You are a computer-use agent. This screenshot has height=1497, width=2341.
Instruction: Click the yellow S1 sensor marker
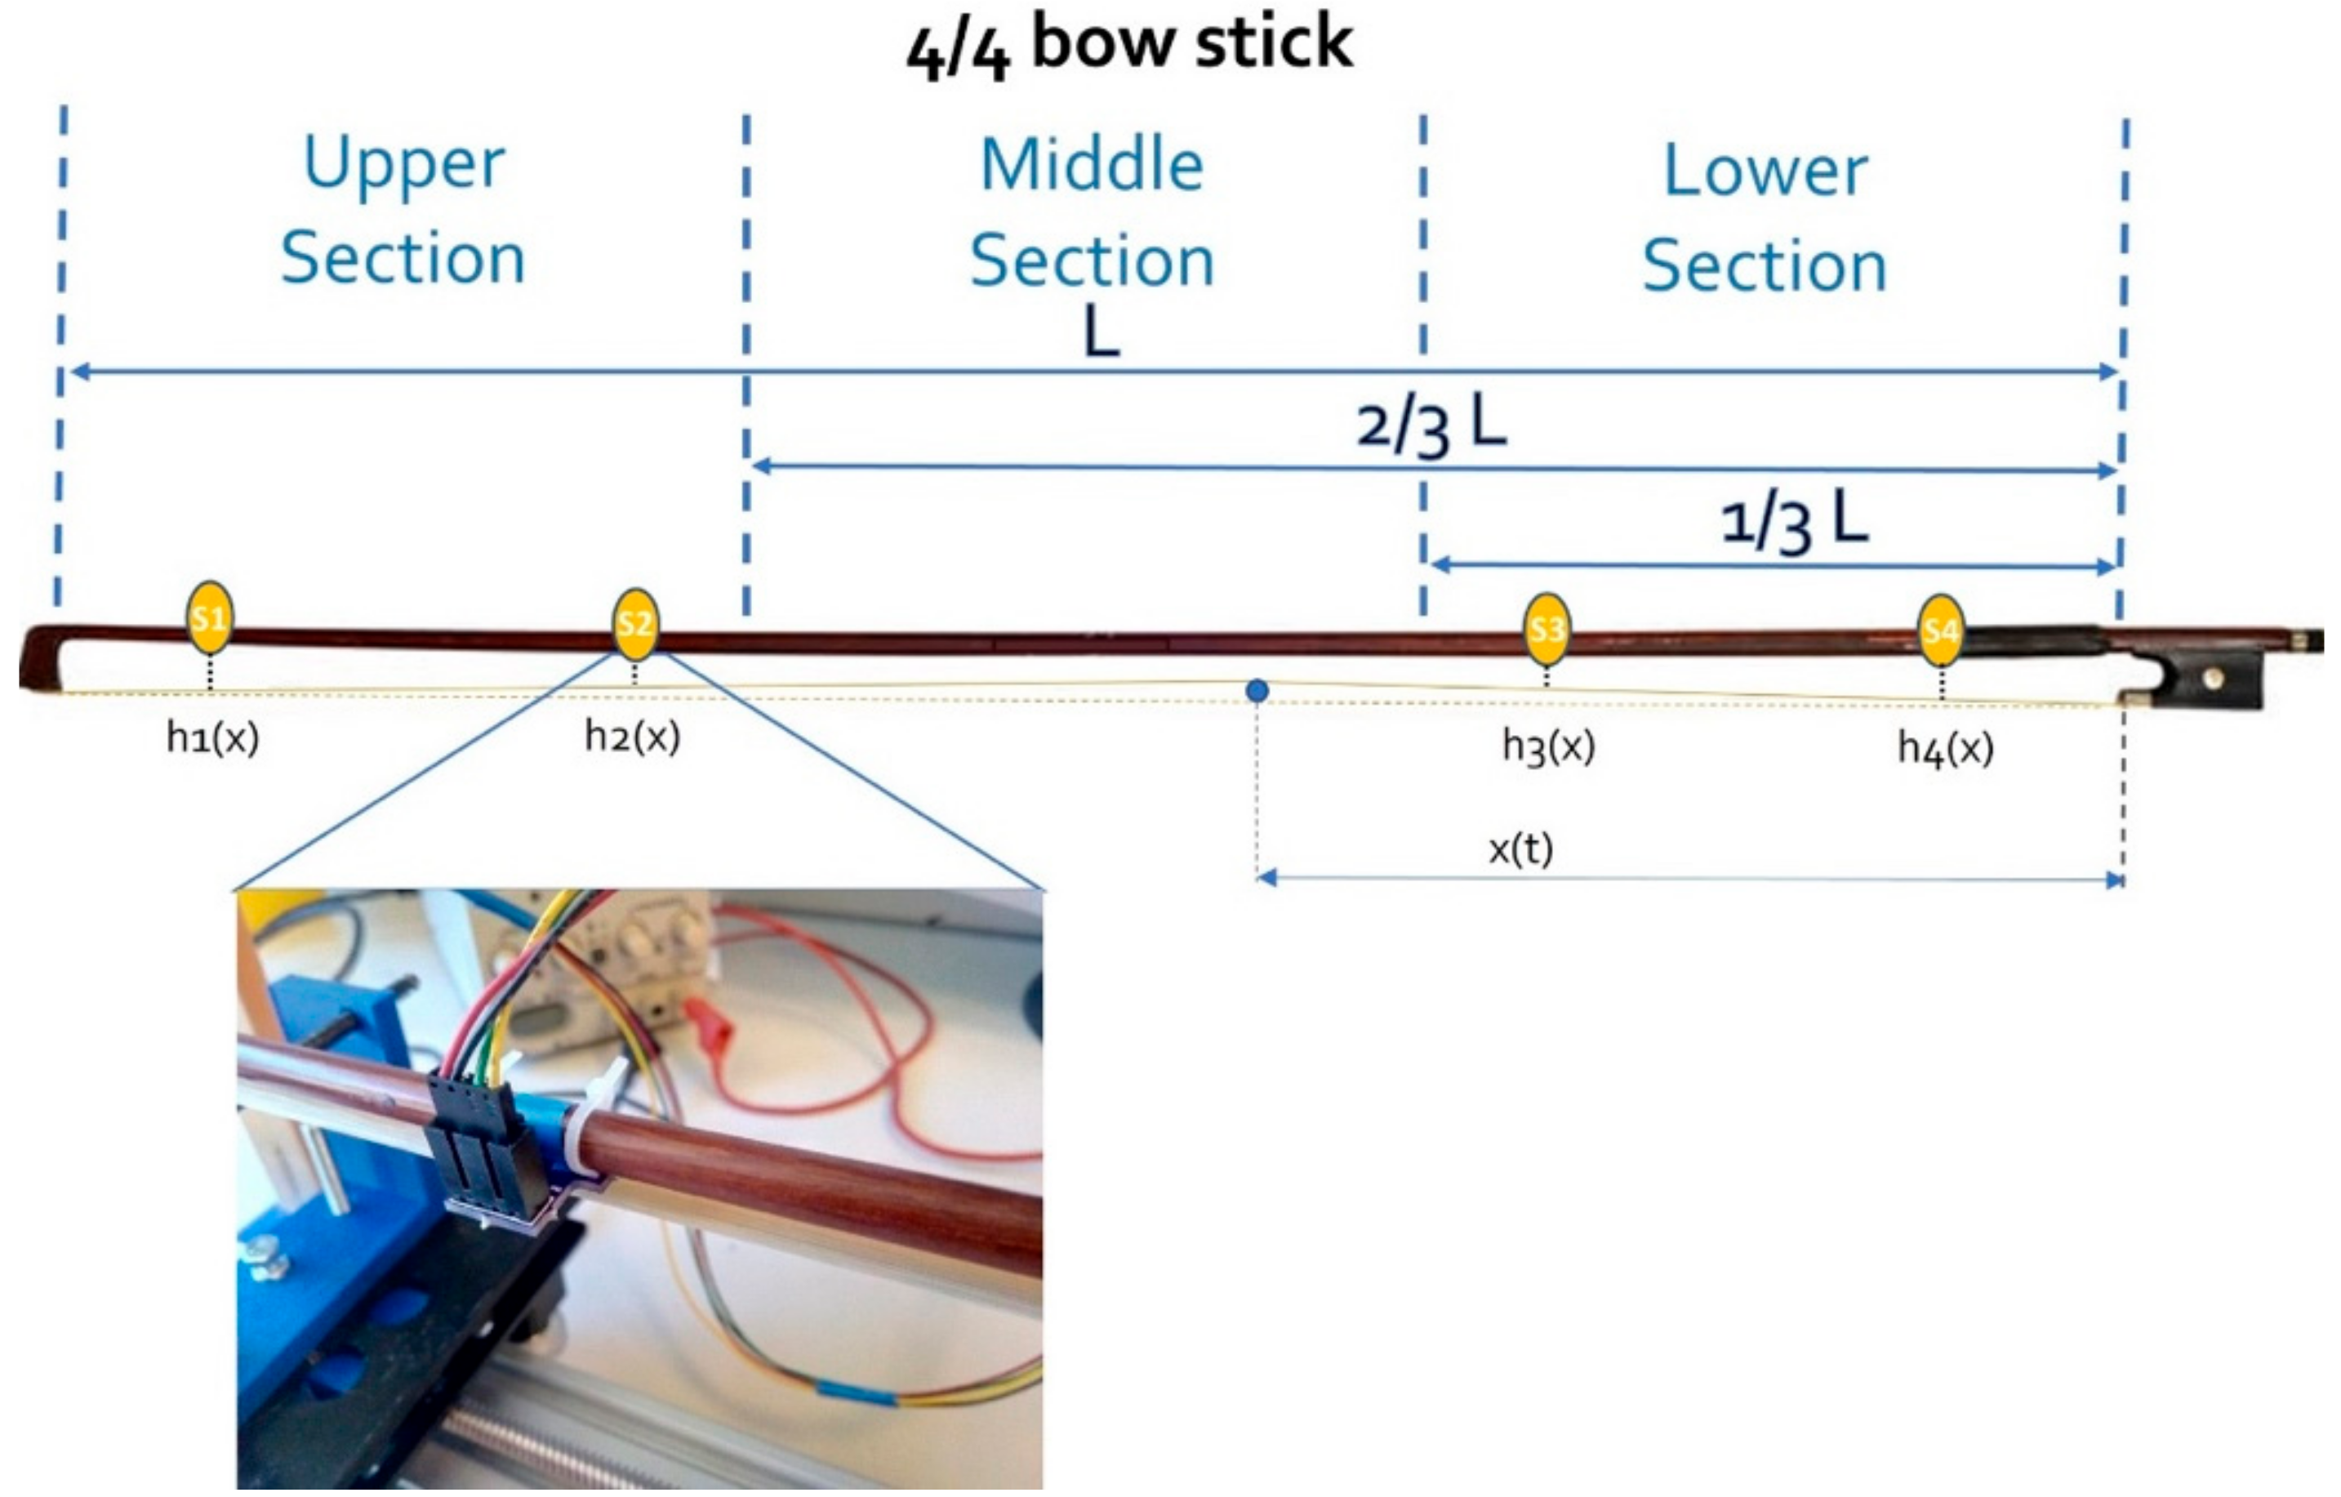pyautogui.click(x=209, y=618)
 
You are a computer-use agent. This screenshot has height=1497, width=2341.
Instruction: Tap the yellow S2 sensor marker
pyautogui.click(x=634, y=623)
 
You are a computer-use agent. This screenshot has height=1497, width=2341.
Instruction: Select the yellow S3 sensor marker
pyautogui.click(x=1546, y=629)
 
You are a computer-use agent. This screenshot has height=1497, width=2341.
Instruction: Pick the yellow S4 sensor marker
pyautogui.click(x=1940, y=630)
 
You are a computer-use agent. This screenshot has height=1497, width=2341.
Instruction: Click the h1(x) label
pyautogui.click(x=212, y=739)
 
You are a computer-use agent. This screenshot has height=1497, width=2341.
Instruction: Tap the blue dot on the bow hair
pyautogui.click(x=1257, y=691)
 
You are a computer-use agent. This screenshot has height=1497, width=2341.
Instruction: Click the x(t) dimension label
pyautogui.click(x=1520, y=849)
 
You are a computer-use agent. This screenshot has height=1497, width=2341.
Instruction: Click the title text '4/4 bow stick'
pyautogui.click(x=1128, y=46)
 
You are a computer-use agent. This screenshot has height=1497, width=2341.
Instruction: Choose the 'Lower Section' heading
pyautogui.click(x=1765, y=218)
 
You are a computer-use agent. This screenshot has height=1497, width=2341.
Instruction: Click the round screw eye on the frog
pyautogui.click(x=2214, y=679)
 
